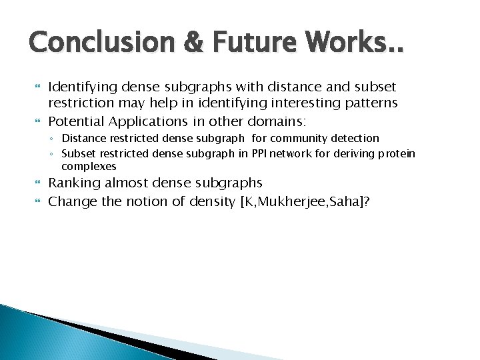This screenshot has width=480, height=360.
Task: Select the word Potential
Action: [x=77, y=121]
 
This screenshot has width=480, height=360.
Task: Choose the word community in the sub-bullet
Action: [x=306, y=138]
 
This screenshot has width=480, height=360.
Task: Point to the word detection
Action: [x=355, y=138]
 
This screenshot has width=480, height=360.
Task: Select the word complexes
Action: [x=89, y=166]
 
